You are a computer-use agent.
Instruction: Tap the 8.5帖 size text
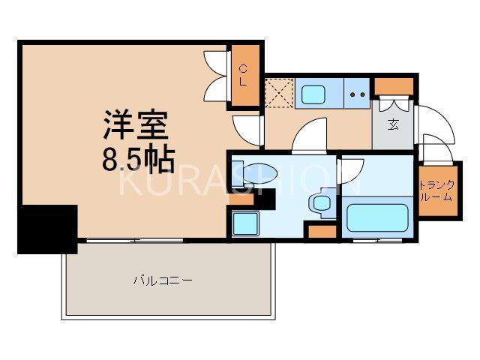(x=139, y=159)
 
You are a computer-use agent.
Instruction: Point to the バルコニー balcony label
(x=163, y=281)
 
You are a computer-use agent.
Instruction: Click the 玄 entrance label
(x=393, y=124)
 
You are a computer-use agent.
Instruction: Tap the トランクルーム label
(x=436, y=191)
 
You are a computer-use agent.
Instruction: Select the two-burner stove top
(x=356, y=95)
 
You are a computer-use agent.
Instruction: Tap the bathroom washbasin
(x=322, y=202)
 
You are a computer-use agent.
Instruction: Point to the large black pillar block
(x=47, y=228)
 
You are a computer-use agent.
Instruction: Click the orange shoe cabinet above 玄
(x=393, y=85)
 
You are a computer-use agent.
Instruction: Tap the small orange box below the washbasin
(x=322, y=231)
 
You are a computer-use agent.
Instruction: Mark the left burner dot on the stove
(x=352, y=95)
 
